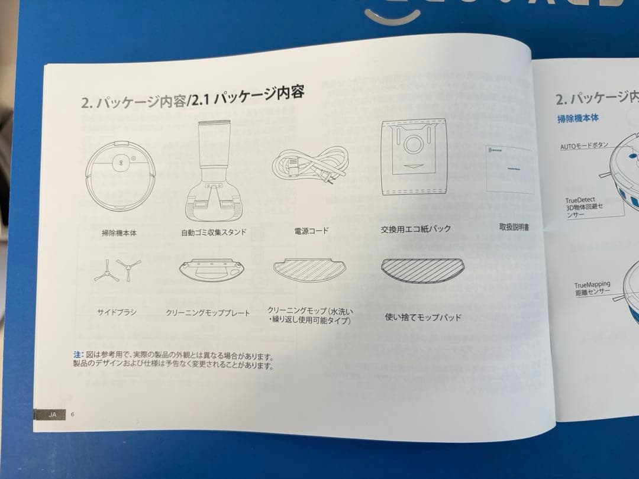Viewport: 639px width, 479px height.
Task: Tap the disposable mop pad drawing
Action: (422, 270)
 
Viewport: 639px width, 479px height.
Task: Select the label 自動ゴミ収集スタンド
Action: (214, 232)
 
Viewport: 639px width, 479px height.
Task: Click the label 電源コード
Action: (311, 231)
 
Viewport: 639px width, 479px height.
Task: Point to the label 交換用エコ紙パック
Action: (415, 229)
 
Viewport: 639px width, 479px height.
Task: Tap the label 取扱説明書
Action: (514, 227)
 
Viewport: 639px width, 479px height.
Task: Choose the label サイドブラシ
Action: (117, 312)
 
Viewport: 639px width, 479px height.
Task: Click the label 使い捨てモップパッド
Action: (423, 318)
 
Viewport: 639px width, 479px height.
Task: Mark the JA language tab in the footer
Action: (52, 415)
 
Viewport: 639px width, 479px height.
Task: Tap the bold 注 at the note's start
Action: (77, 354)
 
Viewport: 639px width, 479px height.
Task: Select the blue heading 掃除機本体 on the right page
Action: (578, 118)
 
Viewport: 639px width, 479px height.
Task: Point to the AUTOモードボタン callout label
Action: (584, 145)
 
